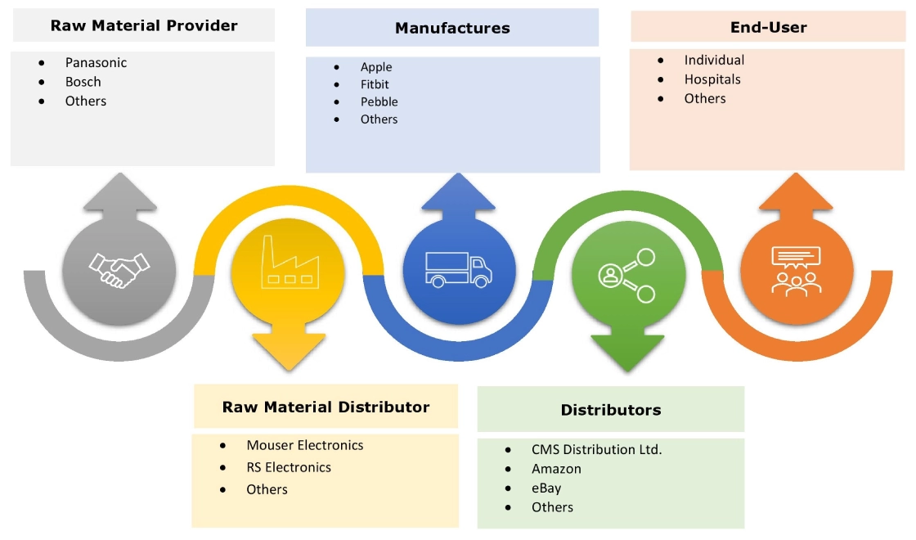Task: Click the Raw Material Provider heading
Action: pos(144,25)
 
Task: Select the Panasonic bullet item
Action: pos(96,62)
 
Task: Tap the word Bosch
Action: pos(83,82)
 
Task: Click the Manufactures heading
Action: pos(452,28)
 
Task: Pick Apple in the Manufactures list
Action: pos(376,67)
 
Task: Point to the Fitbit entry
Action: pos(375,84)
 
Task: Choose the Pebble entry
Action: pos(379,102)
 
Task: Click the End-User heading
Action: pos(768,27)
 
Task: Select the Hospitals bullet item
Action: pos(712,79)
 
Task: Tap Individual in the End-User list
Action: pos(714,60)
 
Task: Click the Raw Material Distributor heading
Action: pos(326,407)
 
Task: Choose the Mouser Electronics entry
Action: pos(304,445)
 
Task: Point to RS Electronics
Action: pos(289,467)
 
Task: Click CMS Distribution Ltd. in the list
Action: pos(596,449)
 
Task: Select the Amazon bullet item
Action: pos(556,469)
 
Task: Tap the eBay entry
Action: pos(546,488)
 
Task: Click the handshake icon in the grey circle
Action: pos(119,269)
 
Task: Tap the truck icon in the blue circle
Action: pos(459,268)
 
